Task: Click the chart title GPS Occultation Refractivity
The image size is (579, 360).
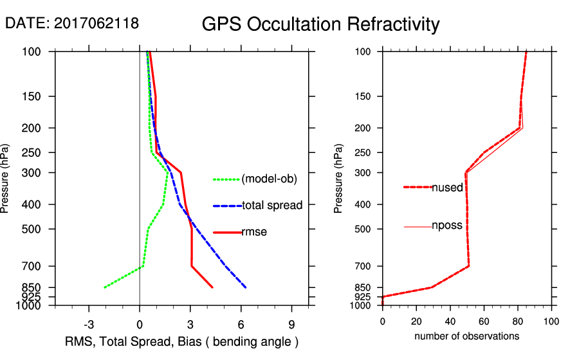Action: [x=320, y=24]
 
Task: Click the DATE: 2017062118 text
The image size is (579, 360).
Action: [x=72, y=23]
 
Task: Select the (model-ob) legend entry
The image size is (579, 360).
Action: [x=269, y=179]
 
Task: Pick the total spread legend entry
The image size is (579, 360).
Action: [x=272, y=206]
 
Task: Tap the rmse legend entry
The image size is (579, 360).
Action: [x=254, y=232]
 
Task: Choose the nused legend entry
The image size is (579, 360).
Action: [x=447, y=187]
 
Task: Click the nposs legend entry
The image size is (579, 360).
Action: [x=447, y=226]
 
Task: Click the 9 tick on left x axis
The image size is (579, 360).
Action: [x=291, y=324]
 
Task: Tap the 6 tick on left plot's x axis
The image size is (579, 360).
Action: [x=241, y=324]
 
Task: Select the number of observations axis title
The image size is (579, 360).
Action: [x=466, y=336]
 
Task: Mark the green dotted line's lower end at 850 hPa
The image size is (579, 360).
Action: [x=104, y=287]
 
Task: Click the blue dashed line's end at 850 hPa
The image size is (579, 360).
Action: [x=246, y=287]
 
